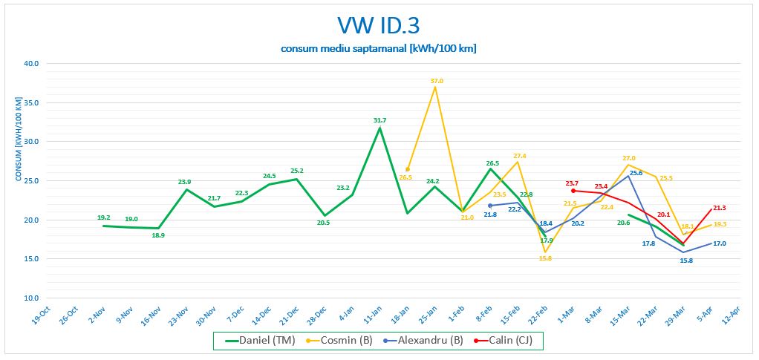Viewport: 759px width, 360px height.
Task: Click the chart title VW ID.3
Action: [x=379, y=26]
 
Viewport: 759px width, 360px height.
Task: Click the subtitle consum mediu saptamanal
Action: [x=379, y=49]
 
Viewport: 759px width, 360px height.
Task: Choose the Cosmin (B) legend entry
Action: [x=336, y=341]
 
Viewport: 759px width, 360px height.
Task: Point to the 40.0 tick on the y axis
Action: [x=32, y=63]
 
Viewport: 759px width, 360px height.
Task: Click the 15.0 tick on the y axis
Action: [x=32, y=259]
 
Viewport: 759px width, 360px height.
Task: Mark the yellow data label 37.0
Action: [x=437, y=80]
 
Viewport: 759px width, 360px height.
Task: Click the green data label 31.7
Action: [x=379, y=120]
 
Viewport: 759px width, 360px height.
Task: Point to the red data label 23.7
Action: [x=572, y=183]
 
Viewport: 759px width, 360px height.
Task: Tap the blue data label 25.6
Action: [x=636, y=173]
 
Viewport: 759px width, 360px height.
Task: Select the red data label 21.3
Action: [x=720, y=208]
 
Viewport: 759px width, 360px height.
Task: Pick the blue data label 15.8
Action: [x=686, y=261]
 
